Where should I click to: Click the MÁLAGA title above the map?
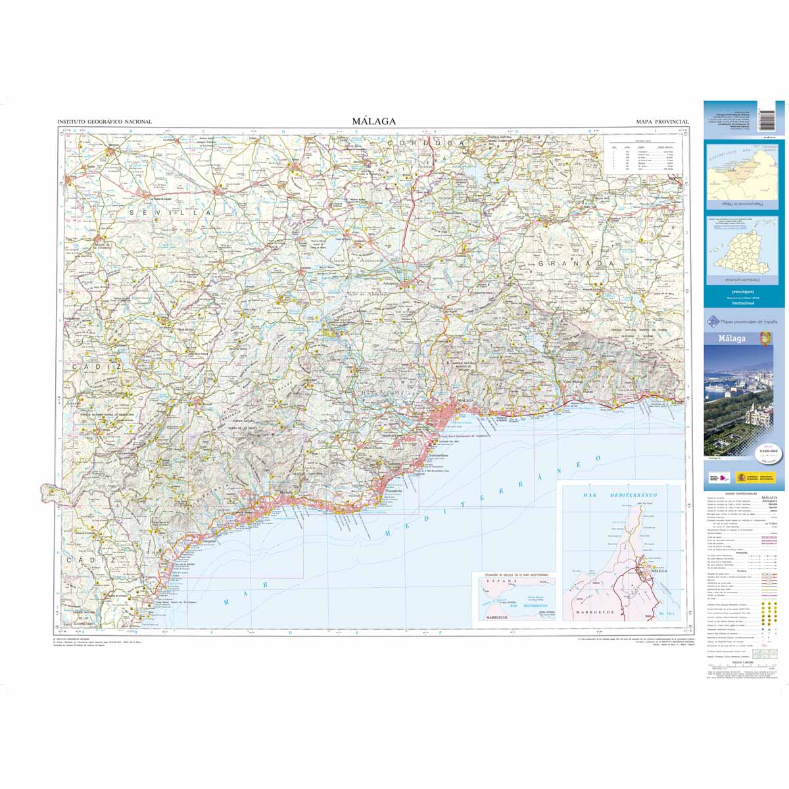point(373,121)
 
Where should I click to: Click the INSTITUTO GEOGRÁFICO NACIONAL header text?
point(105,122)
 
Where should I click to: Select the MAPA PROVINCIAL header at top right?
point(661,122)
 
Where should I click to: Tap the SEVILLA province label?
point(172,213)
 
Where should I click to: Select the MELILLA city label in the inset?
point(658,571)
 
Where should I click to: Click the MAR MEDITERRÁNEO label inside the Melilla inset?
point(610,494)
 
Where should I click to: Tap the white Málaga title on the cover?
point(731,339)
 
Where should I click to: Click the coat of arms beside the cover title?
point(764,339)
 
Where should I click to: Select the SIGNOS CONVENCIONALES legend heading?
point(740,492)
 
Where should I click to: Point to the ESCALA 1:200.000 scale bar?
point(740,667)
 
